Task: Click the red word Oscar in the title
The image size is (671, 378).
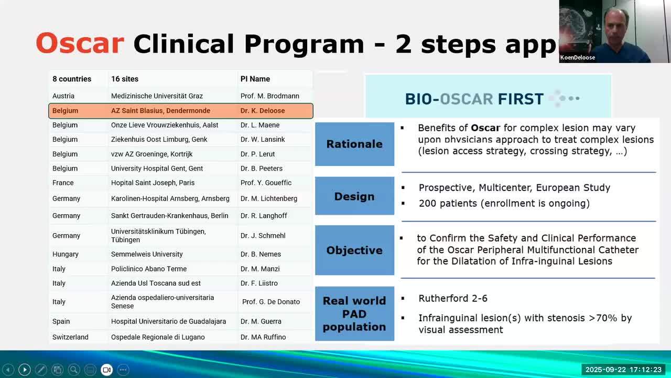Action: coord(80,43)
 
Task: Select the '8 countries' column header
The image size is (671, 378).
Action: coord(72,79)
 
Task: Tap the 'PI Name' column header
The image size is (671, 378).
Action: coord(255,79)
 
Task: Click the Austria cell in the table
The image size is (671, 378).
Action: coord(63,96)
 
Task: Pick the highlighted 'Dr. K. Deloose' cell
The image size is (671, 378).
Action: coord(263,111)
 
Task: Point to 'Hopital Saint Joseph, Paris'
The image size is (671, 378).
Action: coord(153,183)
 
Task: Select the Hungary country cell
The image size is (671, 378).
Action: coord(66,254)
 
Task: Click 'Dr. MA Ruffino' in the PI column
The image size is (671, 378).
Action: coord(263,337)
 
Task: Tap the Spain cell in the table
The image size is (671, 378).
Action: coord(61,321)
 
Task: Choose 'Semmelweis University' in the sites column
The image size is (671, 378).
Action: coord(147,254)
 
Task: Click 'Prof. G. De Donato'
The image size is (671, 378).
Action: coord(271,302)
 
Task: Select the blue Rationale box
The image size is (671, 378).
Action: coord(355,144)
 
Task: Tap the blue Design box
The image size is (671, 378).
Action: coord(355,196)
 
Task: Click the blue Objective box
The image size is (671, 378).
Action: coord(355,250)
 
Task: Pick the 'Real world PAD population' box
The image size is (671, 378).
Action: coord(355,313)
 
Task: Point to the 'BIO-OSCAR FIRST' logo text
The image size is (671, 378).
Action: coord(474,99)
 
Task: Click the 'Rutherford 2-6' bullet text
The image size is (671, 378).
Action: coord(453,299)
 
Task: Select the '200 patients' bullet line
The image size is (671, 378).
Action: coord(504,203)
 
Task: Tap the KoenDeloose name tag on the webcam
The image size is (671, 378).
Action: coord(578,58)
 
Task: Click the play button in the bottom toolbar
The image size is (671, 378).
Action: coord(25,370)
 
